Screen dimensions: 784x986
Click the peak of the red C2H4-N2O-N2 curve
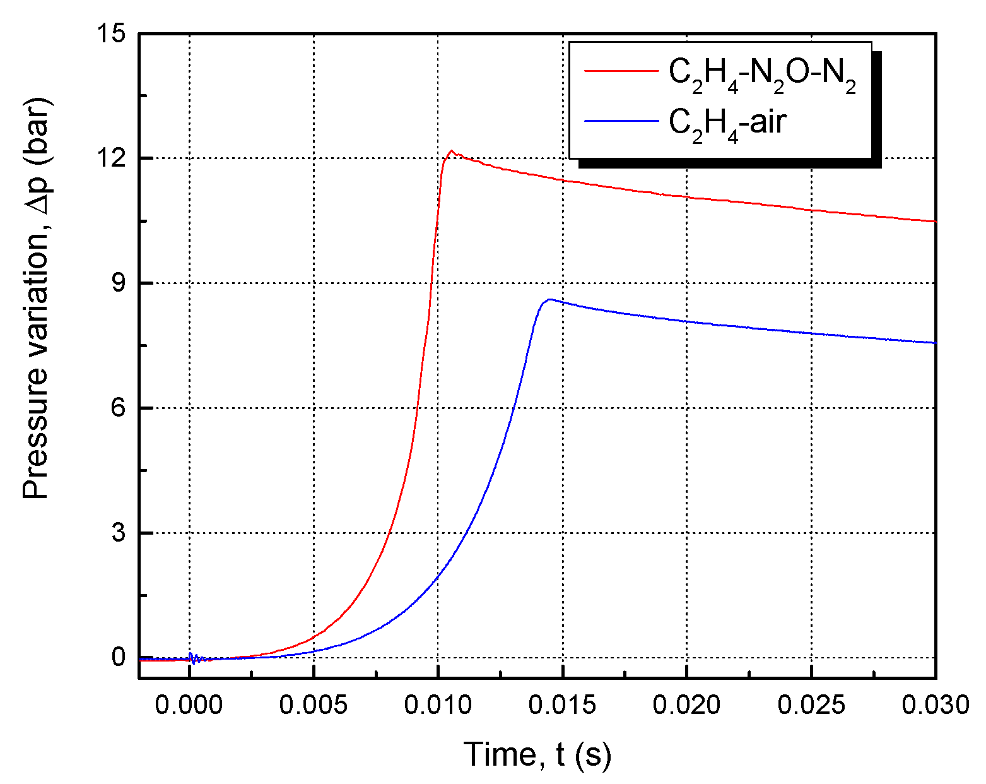(x=452, y=151)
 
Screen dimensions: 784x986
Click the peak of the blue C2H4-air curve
(x=549, y=299)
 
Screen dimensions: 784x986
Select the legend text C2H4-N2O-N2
(x=762, y=74)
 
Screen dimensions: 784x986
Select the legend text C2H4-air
(x=727, y=122)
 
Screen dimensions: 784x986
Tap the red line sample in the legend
(x=621, y=71)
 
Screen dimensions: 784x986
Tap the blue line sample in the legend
(x=621, y=119)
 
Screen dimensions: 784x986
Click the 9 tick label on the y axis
(x=119, y=283)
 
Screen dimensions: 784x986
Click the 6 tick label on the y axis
(x=119, y=408)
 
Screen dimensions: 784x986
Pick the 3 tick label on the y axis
(x=119, y=533)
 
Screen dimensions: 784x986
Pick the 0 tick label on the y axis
(x=119, y=658)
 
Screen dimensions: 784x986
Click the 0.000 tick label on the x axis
(x=189, y=704)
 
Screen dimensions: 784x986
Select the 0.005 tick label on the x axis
(x=313, y=704)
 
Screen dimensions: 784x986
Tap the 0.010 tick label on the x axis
(x=438, y=704)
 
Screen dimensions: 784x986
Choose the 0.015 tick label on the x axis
(x=562, y=704)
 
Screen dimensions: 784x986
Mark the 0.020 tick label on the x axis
(x=686, y=704)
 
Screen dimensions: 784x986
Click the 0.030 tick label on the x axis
(x=935, y=704)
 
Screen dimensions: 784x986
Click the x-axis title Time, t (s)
(x=537, y=754)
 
